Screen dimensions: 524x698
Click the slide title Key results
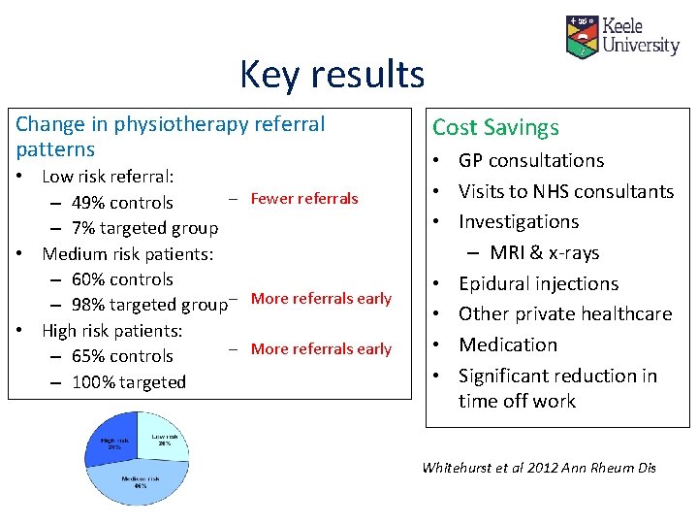point(332,75)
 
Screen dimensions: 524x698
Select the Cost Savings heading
point(495,127)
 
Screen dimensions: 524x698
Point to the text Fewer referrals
point(303,199)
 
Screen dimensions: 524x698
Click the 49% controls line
point(122,203)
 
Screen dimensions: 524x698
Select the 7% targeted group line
point(144,228)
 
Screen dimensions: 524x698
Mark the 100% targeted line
point(128,382)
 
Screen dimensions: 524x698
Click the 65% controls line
point(122,356)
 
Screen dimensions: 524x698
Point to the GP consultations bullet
point(530,161)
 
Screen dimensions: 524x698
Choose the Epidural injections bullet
point(538,284)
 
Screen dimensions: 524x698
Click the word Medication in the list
point(508,345)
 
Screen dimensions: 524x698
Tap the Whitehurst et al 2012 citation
point(539,468)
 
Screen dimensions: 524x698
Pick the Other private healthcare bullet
point(564,314)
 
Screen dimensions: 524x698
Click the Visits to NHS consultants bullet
point(565,192)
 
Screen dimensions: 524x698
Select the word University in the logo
point(641,46)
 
